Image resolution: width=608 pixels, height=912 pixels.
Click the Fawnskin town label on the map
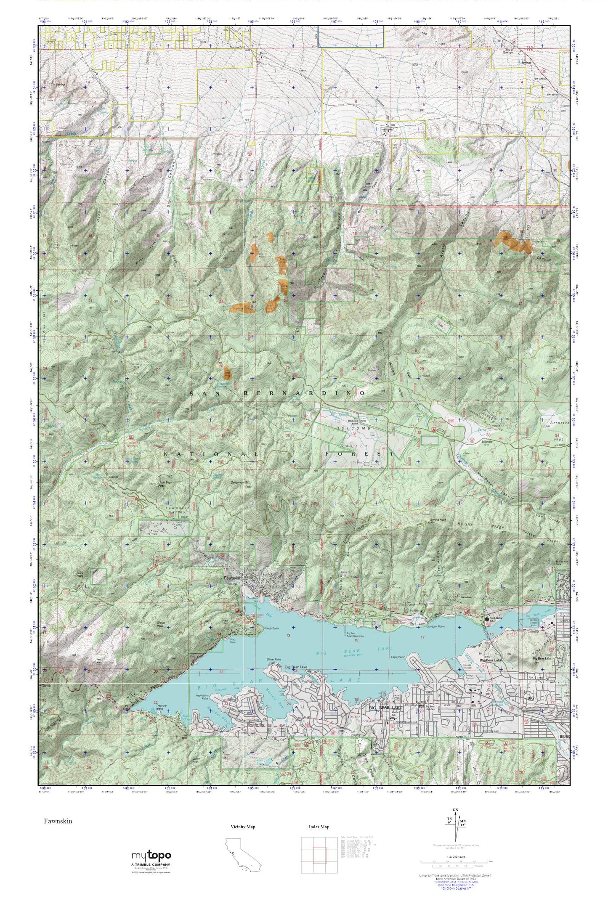pos(232,578)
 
